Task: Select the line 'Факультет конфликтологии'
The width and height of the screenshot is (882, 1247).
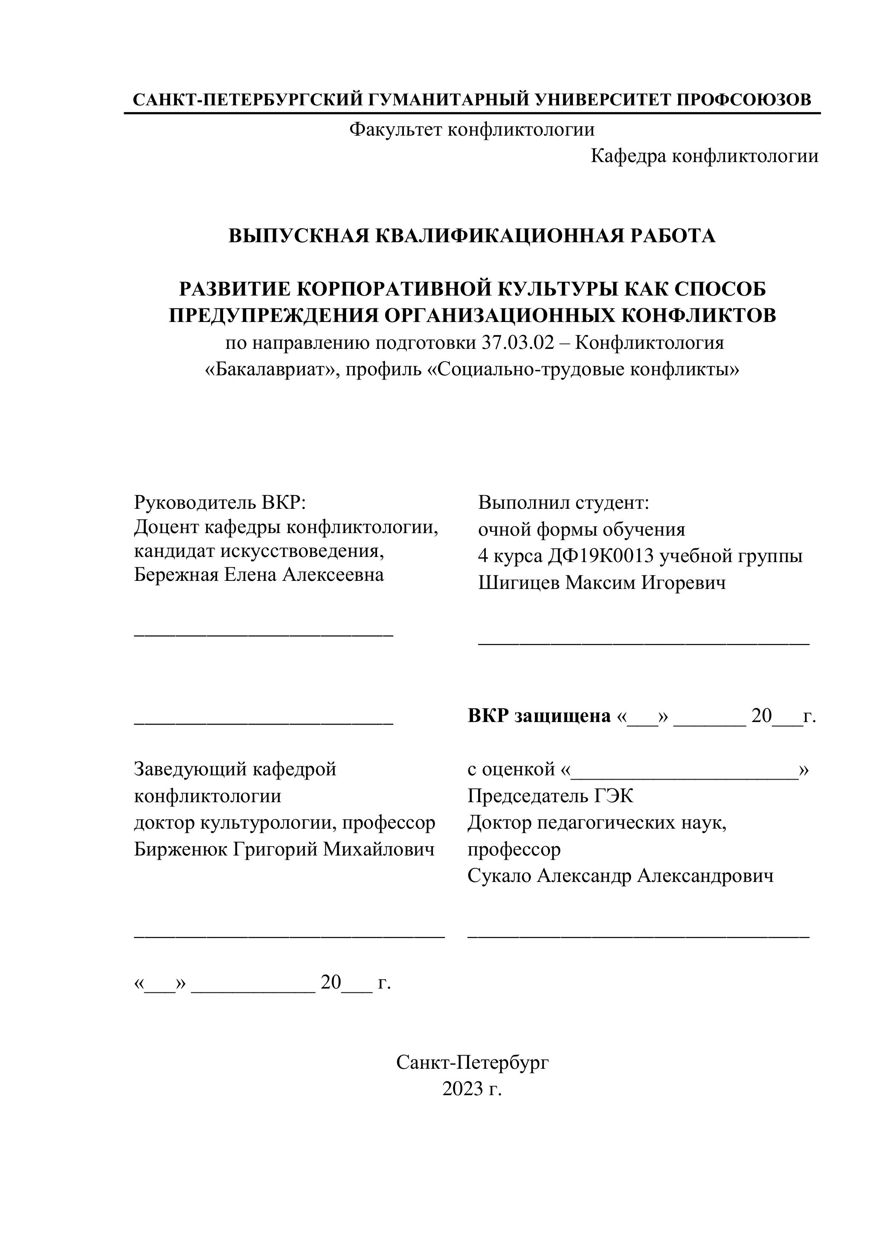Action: click(471, 129)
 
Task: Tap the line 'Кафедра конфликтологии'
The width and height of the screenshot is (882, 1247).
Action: click(704, 156)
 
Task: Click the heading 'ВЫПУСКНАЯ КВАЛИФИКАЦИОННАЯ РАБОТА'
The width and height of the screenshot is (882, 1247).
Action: click(471, 236)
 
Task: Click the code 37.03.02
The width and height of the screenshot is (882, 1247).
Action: click(516, 343)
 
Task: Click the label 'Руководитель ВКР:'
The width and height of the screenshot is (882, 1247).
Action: click(220, 502)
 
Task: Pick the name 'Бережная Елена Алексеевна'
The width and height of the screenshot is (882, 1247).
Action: click(258, 574)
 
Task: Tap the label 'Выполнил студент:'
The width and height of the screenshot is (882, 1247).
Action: click(563, 502)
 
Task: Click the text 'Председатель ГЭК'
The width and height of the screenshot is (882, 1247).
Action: click(550, 796)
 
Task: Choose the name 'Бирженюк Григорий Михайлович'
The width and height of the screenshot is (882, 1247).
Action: click(284, 849)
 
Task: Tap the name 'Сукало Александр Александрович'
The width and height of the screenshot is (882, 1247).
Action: click(620, 876)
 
